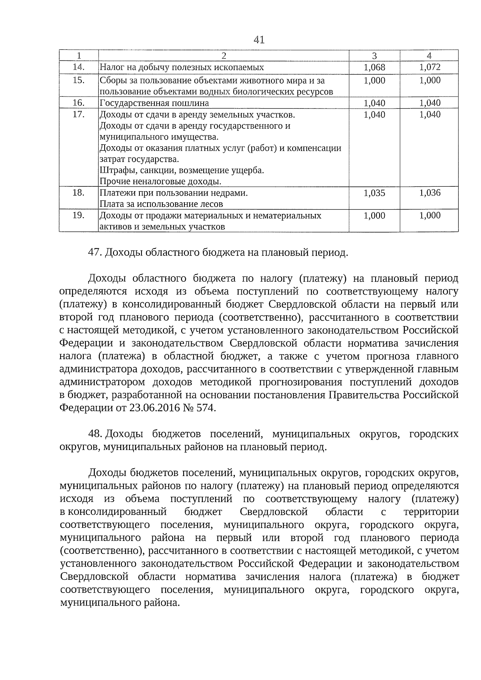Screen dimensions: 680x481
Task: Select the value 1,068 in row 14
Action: [x=374, y=67]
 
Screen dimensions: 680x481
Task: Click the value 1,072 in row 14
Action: [x=430, y=67]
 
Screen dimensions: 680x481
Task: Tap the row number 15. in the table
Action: [x=79, y=80]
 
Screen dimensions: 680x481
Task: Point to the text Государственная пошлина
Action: [x=154, y=103]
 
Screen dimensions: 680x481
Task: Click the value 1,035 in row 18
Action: [x=374, y=193]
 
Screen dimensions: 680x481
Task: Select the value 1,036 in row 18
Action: [x=430, y=193]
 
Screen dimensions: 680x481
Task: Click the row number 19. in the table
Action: [x=79, y=216]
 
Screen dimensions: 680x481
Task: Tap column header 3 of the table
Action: [x=374, y=56]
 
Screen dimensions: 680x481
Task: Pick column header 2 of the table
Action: [x=224, y=56]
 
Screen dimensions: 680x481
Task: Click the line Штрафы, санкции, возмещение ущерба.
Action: [x=182, y=170]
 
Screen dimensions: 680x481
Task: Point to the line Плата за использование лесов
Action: [x=161, y=204]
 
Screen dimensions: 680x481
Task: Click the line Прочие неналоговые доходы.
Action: [x=160, y=182]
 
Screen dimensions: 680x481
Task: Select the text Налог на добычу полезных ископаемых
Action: [x=182, y=67]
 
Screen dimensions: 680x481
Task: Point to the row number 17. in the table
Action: [x=79, y=115]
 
